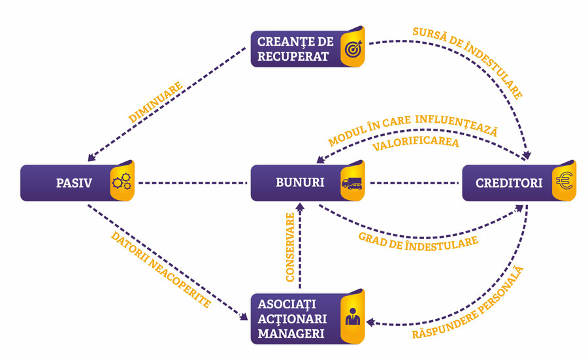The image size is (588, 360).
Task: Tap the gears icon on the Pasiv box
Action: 122,183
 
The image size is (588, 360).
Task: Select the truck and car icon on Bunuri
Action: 352,184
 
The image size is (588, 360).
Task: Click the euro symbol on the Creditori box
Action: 564,183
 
